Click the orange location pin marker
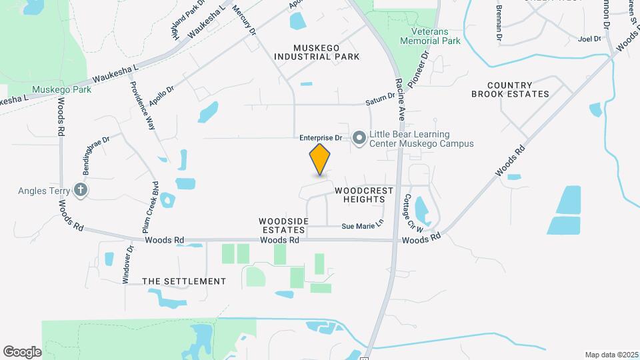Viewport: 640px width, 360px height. pos(320,159)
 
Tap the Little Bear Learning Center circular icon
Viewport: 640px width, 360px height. pos(359,138)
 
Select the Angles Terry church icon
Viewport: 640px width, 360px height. pos(81,191)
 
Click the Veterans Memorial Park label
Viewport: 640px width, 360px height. pos(430,36)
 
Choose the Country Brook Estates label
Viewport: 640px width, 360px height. pos(510,90)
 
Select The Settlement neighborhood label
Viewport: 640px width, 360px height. pos(184,281)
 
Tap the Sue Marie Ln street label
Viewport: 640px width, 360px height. pos(363,226)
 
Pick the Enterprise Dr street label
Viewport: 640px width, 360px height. pos(320,138)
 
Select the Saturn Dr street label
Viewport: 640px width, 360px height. pos(381,102)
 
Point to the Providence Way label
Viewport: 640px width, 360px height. pos(143,105)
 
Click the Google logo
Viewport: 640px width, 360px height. pos(23,351)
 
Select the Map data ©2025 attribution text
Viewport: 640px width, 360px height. pos(610,355)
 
